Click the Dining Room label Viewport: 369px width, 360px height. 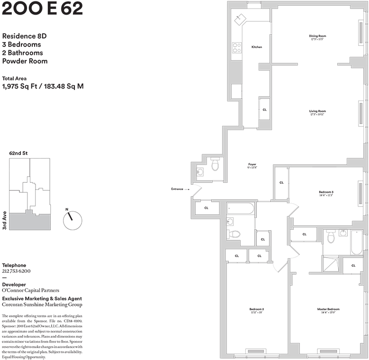317,36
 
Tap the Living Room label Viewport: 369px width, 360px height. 317,111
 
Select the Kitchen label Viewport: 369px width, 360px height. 256,47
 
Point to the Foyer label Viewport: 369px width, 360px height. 252,164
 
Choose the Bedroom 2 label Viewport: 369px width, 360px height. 256,309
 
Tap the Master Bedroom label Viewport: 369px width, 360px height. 328,309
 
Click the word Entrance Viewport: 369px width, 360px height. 177,189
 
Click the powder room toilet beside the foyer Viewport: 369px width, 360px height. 215,165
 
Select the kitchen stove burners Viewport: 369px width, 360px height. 236,48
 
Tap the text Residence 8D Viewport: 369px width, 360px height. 25,36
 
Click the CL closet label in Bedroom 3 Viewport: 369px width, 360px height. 281,182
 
